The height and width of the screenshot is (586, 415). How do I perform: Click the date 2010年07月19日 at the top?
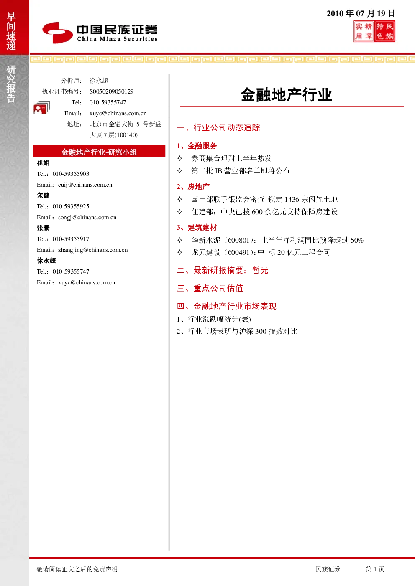[361, 13]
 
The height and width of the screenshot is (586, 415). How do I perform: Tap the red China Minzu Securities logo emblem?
[57, 33]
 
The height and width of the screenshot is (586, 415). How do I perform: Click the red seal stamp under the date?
[374, 31]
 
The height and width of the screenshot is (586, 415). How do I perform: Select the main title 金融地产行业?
[287, 94]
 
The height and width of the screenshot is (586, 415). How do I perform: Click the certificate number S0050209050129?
[111, 91]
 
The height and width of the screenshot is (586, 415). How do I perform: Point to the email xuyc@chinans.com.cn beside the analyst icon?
[118, 113]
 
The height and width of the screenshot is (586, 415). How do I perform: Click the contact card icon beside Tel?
[42, 108]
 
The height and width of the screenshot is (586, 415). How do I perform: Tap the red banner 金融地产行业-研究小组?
[99, 151]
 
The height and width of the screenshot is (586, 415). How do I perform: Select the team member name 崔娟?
[43, 163]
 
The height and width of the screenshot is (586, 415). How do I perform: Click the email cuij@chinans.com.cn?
[85, 185]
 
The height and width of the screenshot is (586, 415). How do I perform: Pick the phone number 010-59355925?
[71, 206]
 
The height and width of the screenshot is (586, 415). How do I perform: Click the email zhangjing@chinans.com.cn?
[93, 250]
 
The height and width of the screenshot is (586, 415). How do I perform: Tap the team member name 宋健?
[43, 195]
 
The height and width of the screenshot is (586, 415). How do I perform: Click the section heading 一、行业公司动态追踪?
[218, 127]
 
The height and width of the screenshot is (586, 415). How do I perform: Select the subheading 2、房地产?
[193, 187]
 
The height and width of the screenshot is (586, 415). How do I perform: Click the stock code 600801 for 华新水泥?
[238, 240]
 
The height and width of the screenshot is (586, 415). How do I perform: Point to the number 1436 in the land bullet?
[292, 199]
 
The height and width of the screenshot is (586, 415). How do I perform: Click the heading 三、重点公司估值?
[210, 288]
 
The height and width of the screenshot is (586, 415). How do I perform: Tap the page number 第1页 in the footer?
[375, 569]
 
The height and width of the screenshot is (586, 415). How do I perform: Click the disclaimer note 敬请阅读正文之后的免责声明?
[77, 569]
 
